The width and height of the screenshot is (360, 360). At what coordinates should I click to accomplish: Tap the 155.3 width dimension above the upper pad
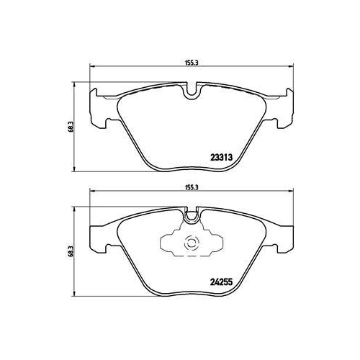coord(192,62)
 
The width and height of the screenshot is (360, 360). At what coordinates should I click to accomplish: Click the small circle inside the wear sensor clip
coord(192,245)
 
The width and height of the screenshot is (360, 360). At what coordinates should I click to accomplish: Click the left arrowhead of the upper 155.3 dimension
coord(91,68)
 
